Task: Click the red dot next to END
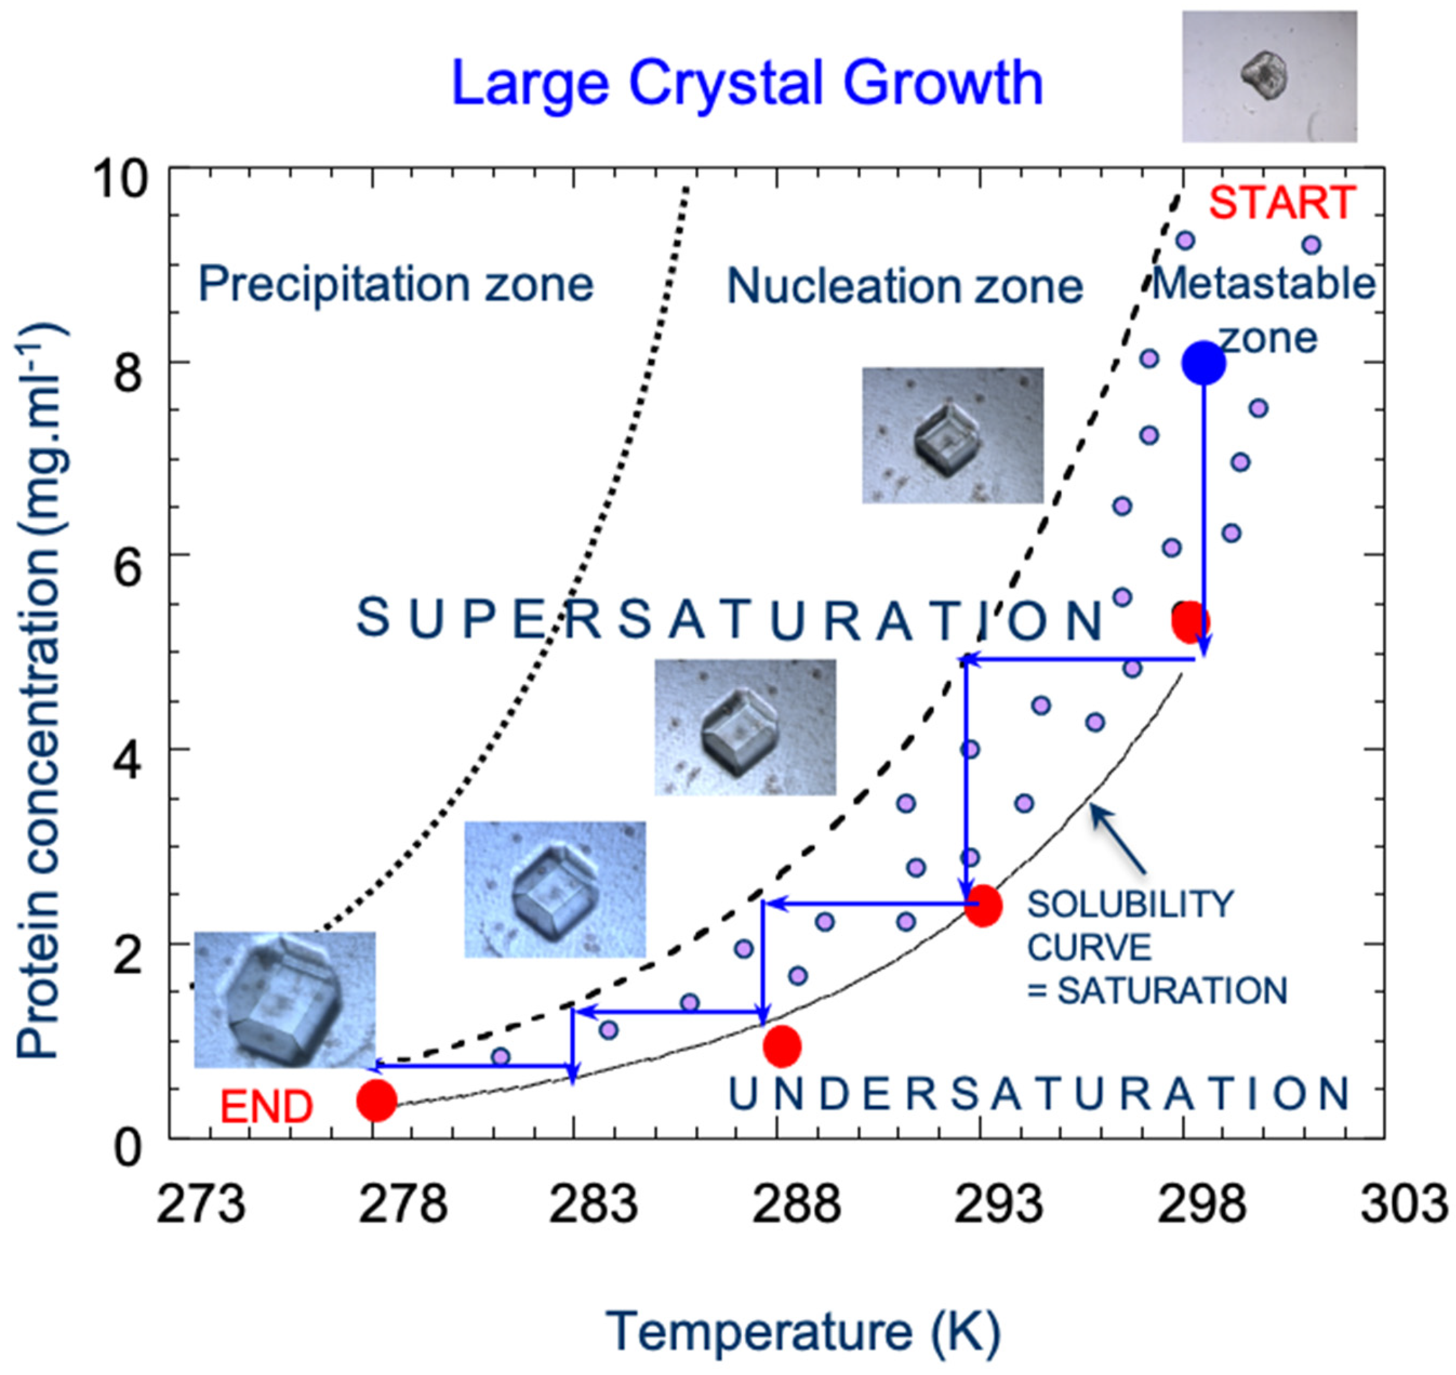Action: [x=376, y=1100]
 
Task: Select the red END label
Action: [x=267, y=1107]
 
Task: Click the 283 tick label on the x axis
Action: [x=594, y=1204]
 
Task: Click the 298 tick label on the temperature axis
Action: [x=1201, y=1204]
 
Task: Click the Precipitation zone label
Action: [x=396, y=285]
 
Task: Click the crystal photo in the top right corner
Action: [x=1269, y=76]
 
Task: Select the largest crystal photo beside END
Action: [x=284, y=1000]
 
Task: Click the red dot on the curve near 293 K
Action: [x=982, y=907]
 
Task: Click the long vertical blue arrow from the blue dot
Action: [x=1203, y=513]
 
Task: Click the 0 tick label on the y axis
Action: [x=128, y=1149]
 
